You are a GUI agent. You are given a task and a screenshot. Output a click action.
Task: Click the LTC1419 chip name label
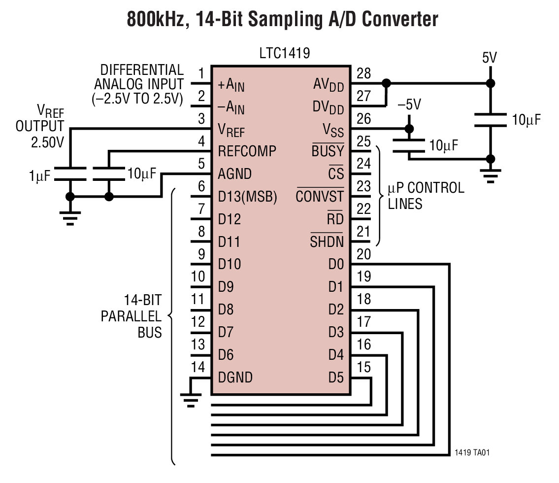(284, 53)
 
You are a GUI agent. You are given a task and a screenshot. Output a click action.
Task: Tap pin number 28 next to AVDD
(363, 73)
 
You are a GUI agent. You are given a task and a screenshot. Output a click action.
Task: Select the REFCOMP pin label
(247, 151)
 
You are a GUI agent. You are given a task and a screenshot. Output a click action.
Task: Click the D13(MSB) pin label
(247, 197)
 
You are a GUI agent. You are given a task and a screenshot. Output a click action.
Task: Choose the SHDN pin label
(327, 242)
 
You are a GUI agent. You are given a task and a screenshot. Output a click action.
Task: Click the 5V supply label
(489, 58)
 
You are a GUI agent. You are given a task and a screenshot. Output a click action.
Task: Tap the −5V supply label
(409, 104)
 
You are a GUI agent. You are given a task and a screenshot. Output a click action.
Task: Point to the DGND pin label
(235, 378)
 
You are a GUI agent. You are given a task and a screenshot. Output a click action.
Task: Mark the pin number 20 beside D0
(363, 254)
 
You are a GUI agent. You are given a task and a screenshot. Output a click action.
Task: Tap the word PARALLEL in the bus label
(131, 316)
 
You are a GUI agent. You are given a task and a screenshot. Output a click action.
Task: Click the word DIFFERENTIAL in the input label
(142, 70)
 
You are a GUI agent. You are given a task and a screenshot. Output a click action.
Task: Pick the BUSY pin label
(328, 151)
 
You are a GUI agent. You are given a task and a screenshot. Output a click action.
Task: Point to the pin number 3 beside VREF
(201, 119)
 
